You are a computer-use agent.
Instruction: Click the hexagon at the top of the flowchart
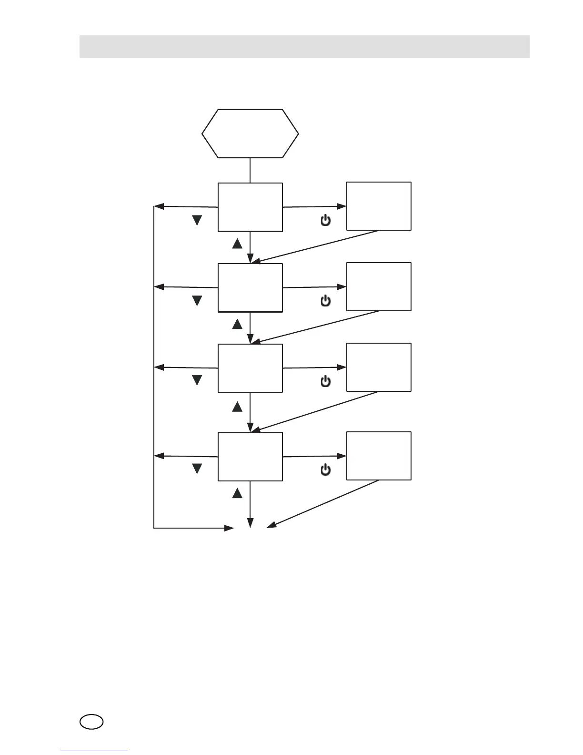point(250,133)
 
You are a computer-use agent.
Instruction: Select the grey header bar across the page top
point(304,46)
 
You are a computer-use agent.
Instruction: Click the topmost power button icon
point(326,220)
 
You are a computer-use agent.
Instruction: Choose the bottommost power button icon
point(326,470)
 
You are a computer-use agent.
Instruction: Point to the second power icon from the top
point(326,301)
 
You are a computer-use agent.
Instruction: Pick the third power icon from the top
point(326,381)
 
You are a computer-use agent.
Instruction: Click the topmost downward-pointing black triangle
point(197,220)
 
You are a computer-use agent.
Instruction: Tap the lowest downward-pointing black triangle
point(197,469)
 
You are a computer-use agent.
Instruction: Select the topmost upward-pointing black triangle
point(237,244)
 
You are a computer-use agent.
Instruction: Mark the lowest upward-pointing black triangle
point(237,494)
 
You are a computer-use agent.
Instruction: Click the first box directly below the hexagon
point(250,207)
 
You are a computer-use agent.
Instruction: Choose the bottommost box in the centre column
point(250,457)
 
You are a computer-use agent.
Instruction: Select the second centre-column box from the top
point(250,288)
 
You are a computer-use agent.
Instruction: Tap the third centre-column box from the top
point(250,368)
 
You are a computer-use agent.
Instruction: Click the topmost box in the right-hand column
point(379,206)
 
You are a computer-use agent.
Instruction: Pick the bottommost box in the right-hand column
point(379,456)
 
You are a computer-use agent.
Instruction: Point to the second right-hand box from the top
point(379,286)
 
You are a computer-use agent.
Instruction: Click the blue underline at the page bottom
point(94,751)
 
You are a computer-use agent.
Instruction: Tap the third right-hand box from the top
point(379,367)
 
